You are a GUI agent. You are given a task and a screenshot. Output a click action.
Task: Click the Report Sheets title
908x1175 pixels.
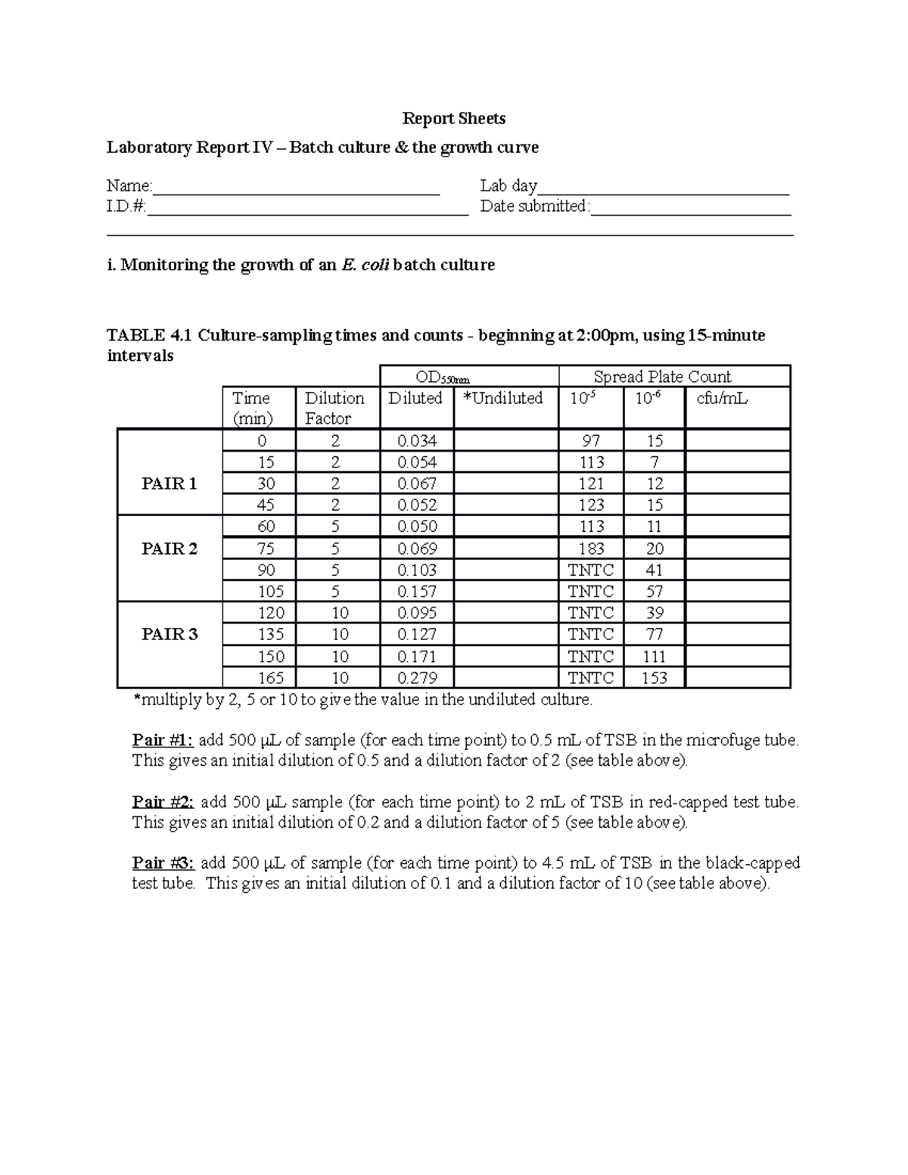(453, 118)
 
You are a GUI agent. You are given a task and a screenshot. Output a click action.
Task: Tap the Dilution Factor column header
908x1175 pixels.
(334, 408)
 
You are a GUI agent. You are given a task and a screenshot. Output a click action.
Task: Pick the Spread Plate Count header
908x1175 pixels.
(662, 377)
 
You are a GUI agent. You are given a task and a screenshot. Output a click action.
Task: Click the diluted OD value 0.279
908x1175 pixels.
(417, 678)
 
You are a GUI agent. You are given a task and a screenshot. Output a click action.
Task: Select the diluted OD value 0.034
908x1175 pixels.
(417, 440)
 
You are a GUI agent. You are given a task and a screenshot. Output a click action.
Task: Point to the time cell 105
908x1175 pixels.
(260, 591)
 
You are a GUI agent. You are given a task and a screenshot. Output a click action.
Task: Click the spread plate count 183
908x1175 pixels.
(591, 549)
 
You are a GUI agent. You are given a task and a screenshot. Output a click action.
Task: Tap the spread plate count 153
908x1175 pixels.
(655, 678)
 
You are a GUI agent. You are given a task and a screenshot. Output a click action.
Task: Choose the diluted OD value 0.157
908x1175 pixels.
(417, 591)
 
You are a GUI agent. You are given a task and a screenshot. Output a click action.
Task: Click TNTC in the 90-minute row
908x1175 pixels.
(591, 570)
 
